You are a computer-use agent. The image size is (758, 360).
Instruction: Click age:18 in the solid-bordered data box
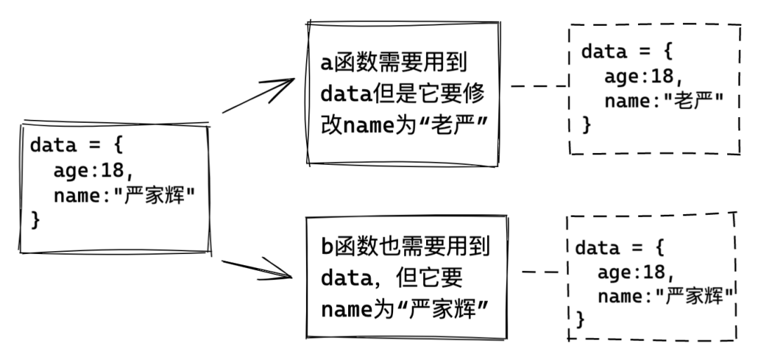tap(92, 172)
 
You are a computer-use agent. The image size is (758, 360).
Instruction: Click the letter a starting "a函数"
tap(326, 63)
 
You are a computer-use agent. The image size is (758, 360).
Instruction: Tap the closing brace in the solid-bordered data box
tap(36, 220)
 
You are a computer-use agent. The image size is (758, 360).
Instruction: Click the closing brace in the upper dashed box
tap(587, 126)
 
